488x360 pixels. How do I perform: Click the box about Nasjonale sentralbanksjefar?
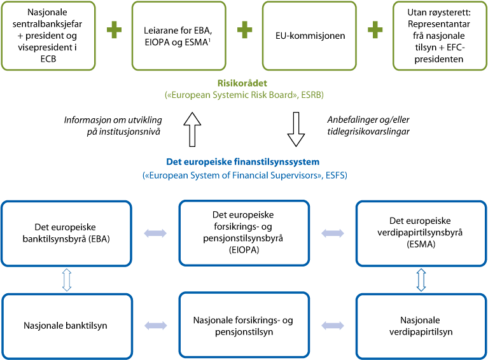point(49,36)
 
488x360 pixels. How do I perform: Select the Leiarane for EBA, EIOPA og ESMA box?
point(179,36)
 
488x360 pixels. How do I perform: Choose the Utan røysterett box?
point(438,36)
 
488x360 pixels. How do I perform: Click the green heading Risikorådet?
point(244,83)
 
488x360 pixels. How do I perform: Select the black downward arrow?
point(296,129)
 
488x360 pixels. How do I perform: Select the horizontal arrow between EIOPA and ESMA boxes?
point(332,233)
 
